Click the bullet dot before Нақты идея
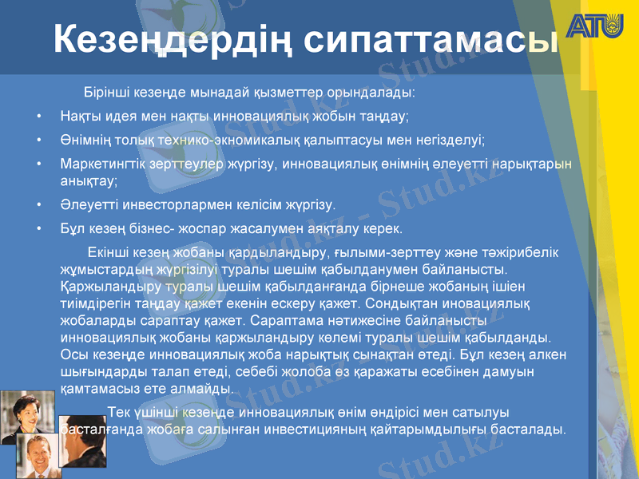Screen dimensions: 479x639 pyautogui.click(x=39, y=117)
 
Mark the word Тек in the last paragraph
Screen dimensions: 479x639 pyautogui.click(x=117, y=412)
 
